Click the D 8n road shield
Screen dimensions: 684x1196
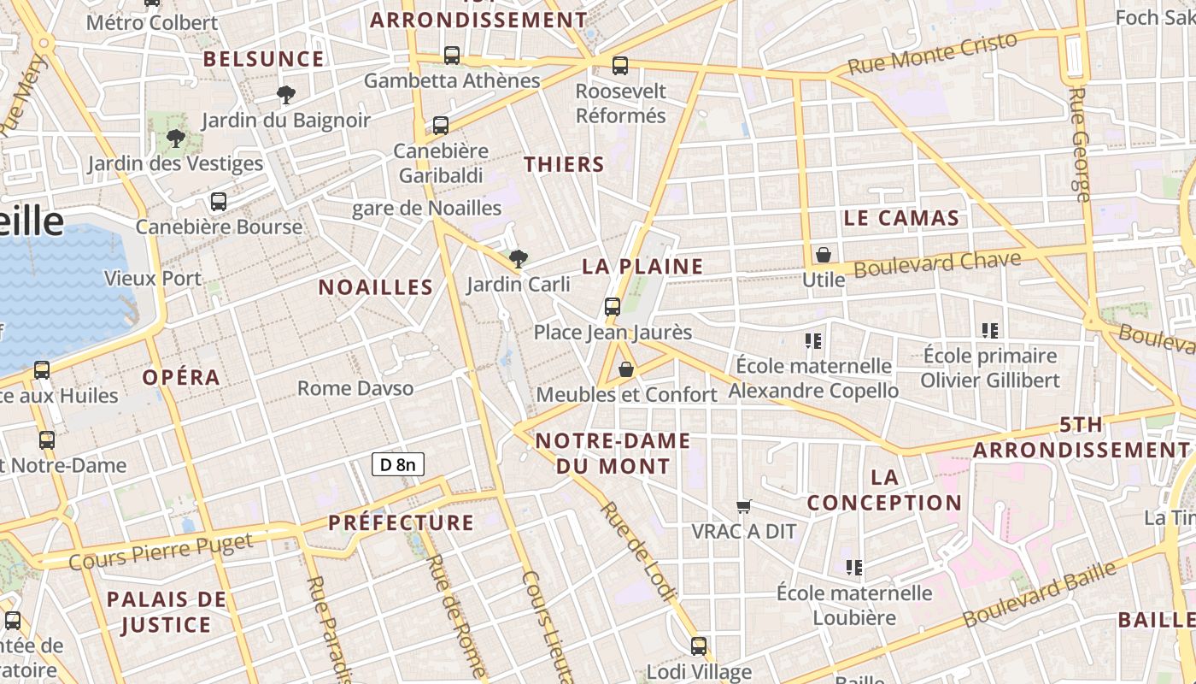(x=398, y=464)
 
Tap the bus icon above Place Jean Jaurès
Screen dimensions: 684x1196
(x=612, y=306)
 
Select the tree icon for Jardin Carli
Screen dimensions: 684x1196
(x=518, y=258)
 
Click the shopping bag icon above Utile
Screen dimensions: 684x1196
(x=823, y=255)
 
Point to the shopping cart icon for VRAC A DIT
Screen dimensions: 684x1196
(x=744, y=507)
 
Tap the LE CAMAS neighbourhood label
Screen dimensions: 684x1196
(x=901, y=218)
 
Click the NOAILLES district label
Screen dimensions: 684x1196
(x=376, y=287)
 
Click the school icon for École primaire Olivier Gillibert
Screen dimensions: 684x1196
(x=990, y=330)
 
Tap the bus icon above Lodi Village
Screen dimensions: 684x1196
(x=699, y=646)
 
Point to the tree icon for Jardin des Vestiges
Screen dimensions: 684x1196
(x=176, y=138)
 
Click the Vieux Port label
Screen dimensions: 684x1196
(x=153, y=278)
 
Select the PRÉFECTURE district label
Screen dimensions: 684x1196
(x=401, y=522)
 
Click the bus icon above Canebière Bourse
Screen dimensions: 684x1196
(x=219, y=202)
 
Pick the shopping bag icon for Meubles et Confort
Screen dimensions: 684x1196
(x=626, y=369)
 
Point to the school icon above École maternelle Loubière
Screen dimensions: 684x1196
(x=853, y=568)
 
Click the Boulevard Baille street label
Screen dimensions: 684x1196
(x=1039, y=593)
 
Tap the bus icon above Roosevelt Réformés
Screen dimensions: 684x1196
(x=620, y=65)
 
